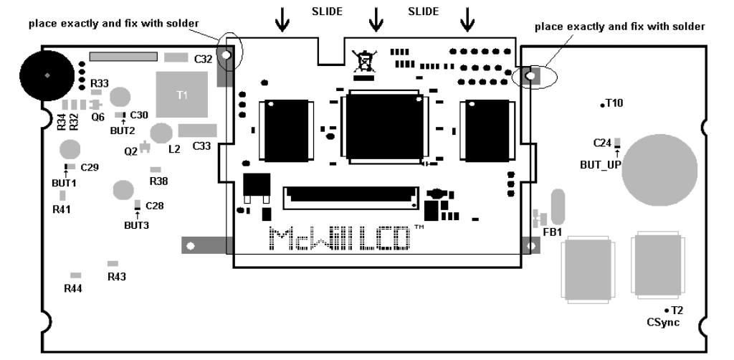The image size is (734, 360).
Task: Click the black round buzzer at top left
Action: tap(47, 75)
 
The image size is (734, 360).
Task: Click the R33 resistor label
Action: tap(100, 83)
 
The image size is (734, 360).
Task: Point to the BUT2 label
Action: tap(123, 131)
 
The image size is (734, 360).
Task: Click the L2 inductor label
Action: tap(173, 149)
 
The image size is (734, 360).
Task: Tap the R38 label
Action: tap(158, 181)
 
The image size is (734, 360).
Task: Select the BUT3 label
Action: tap(136, 224)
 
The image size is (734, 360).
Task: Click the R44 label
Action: tap(73, 288)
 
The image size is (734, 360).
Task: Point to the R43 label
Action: tap(116, 276)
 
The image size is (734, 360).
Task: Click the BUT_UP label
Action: tap(600, 164)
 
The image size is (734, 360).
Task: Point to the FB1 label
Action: tap(553, 232)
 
